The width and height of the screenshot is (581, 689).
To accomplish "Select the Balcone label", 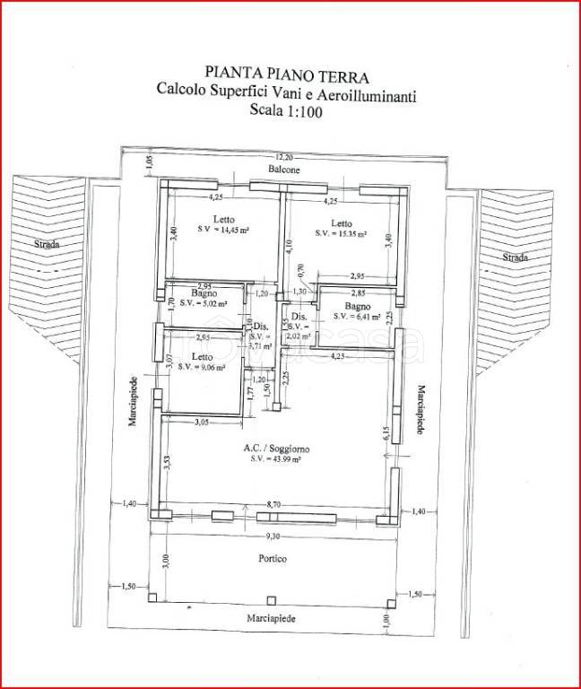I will pyautogui.click(x=282, y=169).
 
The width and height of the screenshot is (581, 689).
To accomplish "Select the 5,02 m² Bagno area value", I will pyautogui.click(x=206, y=302).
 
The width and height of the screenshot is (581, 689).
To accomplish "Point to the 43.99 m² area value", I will pyautogui.click(x=275, y=460).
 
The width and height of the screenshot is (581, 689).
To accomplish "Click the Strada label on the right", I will pyautogui.click(x=515, y=257).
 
